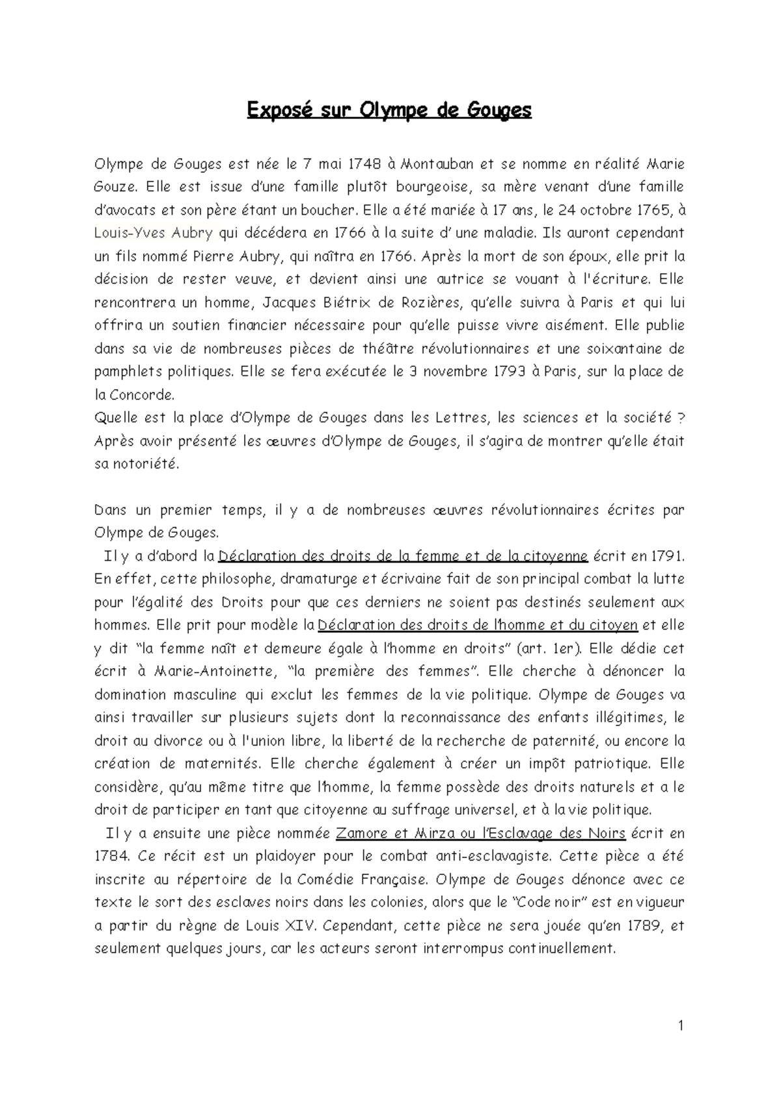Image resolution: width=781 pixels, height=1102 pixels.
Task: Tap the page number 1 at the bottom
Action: click(x=681, y=1027)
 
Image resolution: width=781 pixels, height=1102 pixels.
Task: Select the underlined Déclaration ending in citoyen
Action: click(x=478, y=626)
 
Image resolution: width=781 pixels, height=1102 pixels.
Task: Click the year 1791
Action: click(x=666, y=556)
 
